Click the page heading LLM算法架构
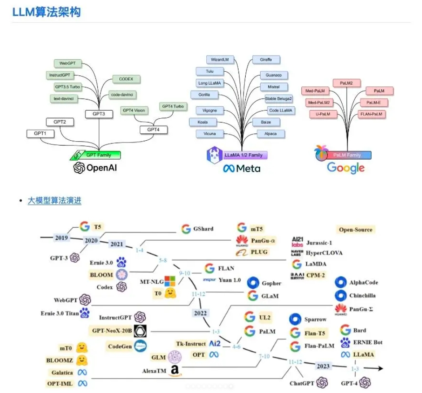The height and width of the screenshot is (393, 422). pyautogui.click(x=47, y=12)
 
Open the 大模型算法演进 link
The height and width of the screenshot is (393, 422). pyautogui.click(x=54, y=200)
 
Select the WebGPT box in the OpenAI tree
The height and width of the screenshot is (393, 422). pyautogui.click(x=66, y=64)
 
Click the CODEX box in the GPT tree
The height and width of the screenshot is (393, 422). pyautogui.click(x=126, y=79)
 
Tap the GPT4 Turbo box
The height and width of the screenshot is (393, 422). pyautogui.click(x=173, y=106)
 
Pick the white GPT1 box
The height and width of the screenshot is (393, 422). pyautogui.click(x=40, y=134)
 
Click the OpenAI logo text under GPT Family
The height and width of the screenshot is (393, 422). pyautogui.click(x=97, y=168)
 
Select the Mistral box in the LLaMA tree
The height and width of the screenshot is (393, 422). pyautogui.click(x=273, y=86)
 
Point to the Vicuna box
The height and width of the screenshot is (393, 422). pyautogui.click(x=209, y=134)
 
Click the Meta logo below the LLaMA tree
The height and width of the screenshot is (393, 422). pyautogui.click(x=242, y=168)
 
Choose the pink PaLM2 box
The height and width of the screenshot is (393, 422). pyautogui.click(x=346, y=82)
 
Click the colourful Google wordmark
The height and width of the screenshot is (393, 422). pyautogui.click(x=345, y=168)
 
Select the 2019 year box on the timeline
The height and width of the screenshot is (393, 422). pyautogui.click(x=61, y=238)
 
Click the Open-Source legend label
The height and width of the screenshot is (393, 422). pyautogui.click(x=356, y=229)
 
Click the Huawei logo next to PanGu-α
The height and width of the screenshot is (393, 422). pyautogui.click(x=242, y=241)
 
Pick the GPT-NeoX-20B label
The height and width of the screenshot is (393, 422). pyautogui.click(x=112, y=331)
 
